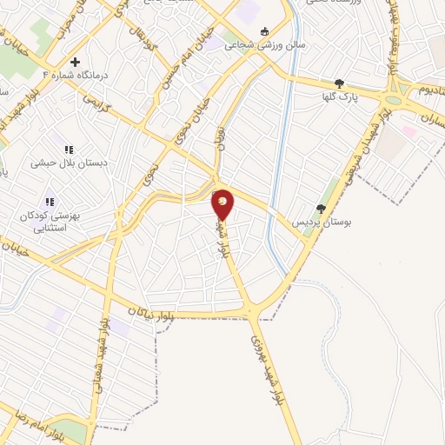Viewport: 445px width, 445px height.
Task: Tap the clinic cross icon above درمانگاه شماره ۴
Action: tap(76, 63)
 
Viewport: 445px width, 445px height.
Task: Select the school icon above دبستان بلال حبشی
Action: tap(69, 149)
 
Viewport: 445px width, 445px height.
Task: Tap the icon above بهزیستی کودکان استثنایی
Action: tap(49, 203)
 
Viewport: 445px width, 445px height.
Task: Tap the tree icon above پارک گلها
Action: tap(339, 84)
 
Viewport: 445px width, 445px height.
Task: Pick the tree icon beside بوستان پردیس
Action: tap(321, 209)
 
